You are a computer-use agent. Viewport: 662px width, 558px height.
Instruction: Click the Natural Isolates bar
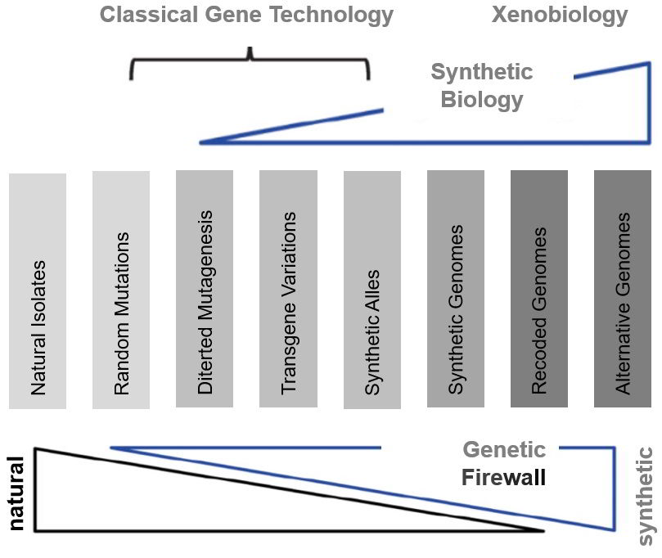point(38,290)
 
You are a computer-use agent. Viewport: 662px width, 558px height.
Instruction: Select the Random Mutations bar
point(121,290)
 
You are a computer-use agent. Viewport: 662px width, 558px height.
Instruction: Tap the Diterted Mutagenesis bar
point(205,289)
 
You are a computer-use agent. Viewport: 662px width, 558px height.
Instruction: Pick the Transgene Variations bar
point(288,289)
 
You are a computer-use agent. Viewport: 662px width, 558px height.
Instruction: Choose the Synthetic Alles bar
point(372,290)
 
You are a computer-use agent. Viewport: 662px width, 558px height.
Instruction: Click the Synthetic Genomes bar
point(456,289)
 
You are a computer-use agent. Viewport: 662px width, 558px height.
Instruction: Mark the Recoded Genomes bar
point(539,289)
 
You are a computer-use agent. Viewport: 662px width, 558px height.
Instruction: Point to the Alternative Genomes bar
point(623,289)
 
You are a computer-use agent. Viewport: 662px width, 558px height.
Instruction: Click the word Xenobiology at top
point(560,16)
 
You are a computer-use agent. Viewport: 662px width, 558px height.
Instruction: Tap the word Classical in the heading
point(149,15)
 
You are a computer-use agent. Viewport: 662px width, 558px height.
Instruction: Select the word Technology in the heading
point(331,16)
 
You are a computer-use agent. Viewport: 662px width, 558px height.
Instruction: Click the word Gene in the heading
point(233,15)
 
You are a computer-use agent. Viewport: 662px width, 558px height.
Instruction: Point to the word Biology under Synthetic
point(482,101)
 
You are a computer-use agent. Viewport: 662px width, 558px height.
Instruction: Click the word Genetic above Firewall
point(505,449)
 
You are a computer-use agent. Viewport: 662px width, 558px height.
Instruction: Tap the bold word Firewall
point(504,477)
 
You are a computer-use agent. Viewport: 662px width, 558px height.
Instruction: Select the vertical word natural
point(16,493)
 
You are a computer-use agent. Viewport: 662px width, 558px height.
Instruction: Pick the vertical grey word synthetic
point(645,496)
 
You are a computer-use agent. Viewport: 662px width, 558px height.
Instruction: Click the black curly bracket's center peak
point(250,48)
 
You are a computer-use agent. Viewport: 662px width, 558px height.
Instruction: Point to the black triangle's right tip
point(544,530)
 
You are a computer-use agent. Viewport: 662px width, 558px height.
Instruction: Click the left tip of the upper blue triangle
point(200,142)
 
